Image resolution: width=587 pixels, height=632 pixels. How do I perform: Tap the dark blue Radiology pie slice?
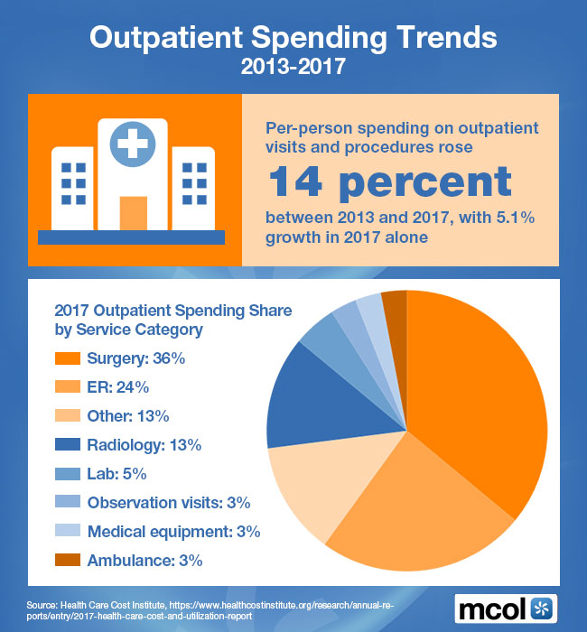pos(307,397)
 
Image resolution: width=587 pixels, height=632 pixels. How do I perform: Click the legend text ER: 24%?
pos(117,388)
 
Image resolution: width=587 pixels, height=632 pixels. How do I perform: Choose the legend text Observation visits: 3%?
pos(168,503)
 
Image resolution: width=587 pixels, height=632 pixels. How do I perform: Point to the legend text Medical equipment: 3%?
pos(168,531)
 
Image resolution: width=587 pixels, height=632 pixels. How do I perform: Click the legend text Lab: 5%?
pos(116,474)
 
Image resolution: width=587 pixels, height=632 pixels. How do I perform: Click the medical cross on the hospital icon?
pos(133,141)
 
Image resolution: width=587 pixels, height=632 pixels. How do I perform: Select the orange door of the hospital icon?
pos(133,213)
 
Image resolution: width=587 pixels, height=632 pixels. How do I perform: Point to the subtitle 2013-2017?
pos(293,68)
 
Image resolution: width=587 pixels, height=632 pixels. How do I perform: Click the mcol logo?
pos(506,607)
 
